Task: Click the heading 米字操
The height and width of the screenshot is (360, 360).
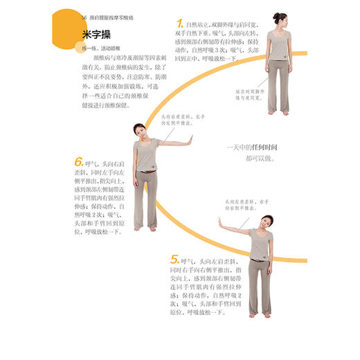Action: click(x=96, y=34)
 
